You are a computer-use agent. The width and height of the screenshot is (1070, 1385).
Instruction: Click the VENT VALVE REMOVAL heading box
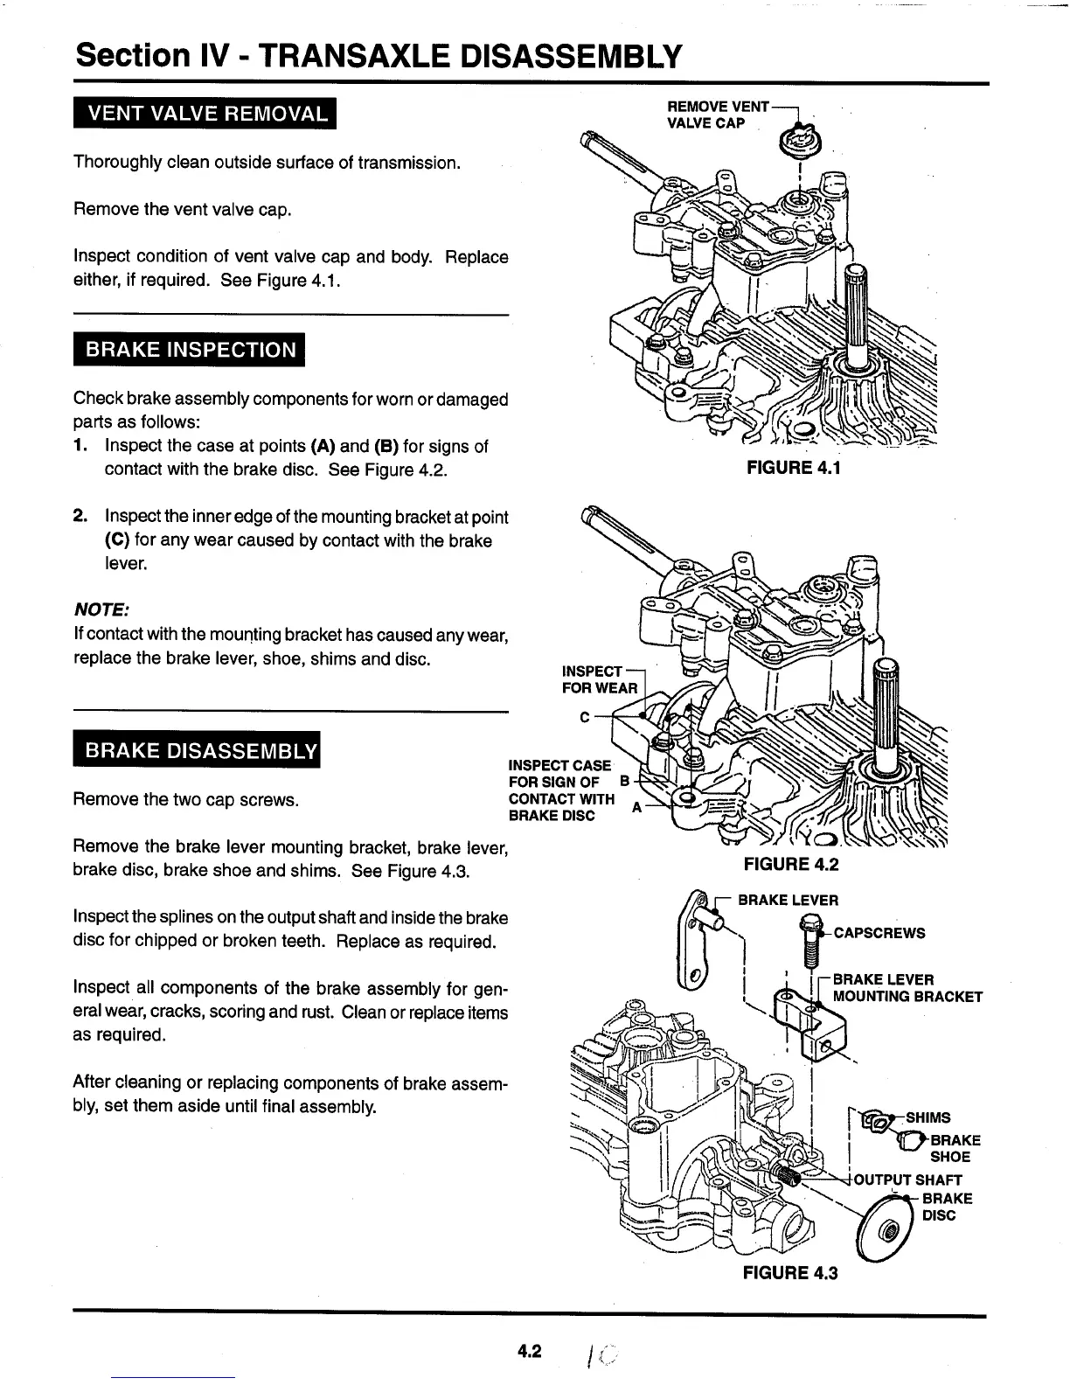click(x=205, y=114)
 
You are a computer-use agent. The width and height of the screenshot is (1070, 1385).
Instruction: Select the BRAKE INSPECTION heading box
click(x=190, y=350)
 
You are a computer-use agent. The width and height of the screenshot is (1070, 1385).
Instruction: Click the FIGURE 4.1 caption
click(x=793, y=467)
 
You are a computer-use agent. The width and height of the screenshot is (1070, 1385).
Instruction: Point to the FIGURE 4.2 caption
click(x=790, y=865)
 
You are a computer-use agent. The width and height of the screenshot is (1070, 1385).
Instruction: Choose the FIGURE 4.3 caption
click(x=789, y=1272)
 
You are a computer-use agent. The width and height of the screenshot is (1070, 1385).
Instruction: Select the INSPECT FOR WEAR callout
click(x=600, y=679)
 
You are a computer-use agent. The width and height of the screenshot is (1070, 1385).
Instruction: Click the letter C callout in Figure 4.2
click(x=584, y=718)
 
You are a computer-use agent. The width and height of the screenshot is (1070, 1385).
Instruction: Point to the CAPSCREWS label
click(x=879, y=933)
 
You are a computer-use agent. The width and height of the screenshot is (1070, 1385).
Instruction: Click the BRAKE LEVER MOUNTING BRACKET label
click(x=907, y=988)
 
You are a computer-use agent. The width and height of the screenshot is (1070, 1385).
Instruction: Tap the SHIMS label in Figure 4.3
click(x=928, y=1117)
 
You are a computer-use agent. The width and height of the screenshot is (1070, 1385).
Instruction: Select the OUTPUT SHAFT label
click(x=907, y=1180)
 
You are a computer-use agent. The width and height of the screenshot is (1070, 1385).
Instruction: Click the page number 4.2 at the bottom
click(x=530, y=1352)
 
